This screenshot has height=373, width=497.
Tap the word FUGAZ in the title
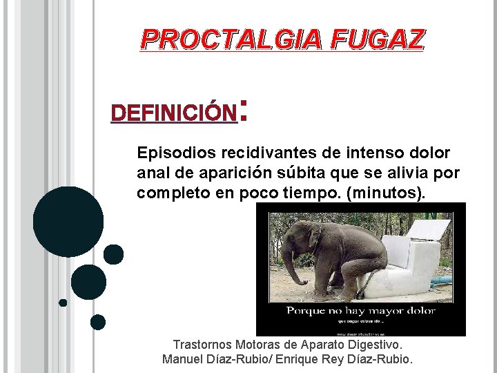[377, 40]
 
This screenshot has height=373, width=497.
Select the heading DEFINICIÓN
[173, 113]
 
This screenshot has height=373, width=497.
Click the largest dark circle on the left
[68, 221]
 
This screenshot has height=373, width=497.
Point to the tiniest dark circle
[63, 303]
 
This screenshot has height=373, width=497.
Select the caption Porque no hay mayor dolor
[361, 311]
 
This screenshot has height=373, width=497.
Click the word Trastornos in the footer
[202, 344]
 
